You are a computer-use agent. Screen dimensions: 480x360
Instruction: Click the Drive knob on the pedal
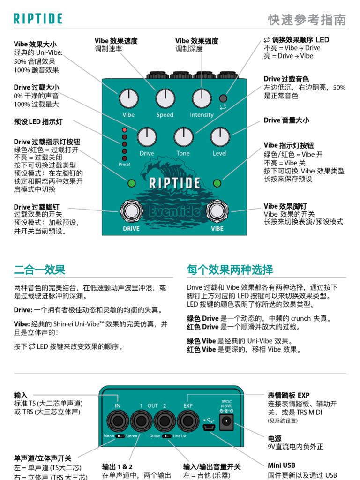click(147, 137)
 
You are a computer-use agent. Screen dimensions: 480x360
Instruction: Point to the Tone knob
click(183, 137)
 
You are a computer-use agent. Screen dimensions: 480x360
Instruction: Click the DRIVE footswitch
click(131, 211)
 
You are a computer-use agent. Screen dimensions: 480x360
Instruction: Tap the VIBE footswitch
click(217, 211)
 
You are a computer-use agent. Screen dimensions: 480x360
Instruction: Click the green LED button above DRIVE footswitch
click(131, 183)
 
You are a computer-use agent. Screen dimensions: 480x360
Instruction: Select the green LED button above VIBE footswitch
click(217, 183)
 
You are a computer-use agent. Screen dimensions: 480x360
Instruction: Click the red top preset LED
click(124, 129)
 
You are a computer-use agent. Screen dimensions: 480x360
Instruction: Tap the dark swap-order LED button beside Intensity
click(223, 98)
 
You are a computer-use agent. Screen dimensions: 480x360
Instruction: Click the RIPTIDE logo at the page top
click(38, 19)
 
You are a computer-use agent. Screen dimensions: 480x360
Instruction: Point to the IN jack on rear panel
click(118, 420)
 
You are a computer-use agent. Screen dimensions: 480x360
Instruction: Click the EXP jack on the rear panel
click(188, 420)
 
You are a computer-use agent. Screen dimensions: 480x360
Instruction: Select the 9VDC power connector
click(227, 422)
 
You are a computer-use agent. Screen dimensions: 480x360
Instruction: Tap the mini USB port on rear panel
click(209, 427)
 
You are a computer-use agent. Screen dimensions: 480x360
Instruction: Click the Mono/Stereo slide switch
click(121, 436)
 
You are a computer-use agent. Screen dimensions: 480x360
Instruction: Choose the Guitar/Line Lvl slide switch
click(166, 436)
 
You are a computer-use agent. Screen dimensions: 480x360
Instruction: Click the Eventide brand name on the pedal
click(174, 211)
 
